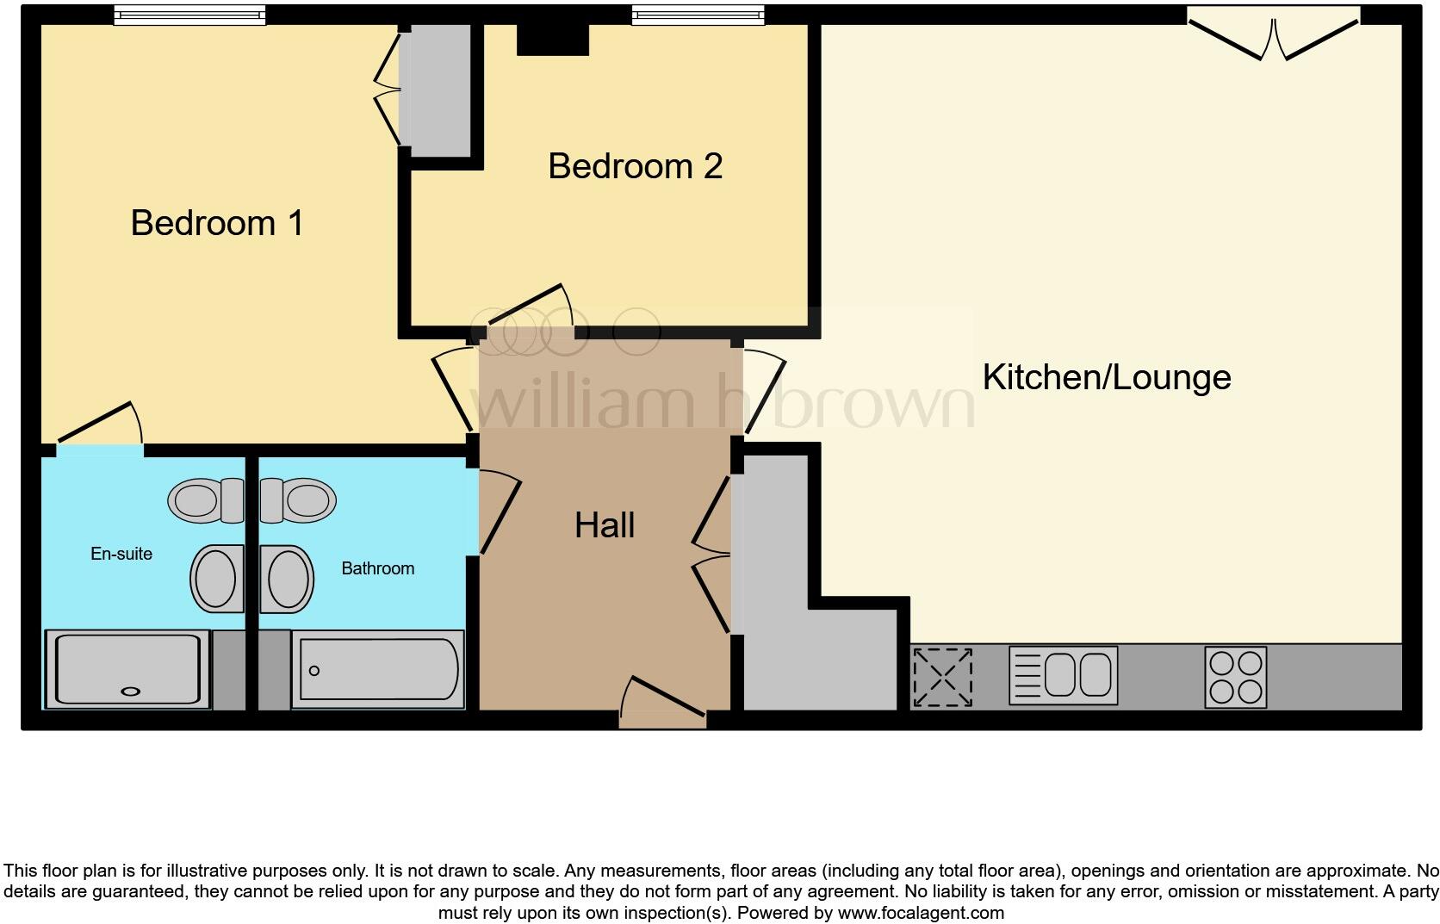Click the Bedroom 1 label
click(217, 223)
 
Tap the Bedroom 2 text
click(635, 166)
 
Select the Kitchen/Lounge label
click(1106, 377)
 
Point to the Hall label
click(605, 525)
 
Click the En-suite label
click(121, 554)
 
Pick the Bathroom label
click(377, 568)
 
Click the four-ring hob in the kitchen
click(1235, 677)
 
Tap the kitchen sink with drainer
click(1063, 675)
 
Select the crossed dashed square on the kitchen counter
click(942, 678)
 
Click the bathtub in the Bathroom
click(378, 670)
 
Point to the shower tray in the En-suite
click(127, 670)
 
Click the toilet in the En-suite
click(207, 500)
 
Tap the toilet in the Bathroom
click(298, 500)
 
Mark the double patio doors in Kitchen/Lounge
click(1274, 34)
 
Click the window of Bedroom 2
click(698, 15)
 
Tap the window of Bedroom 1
click(189, 15)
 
